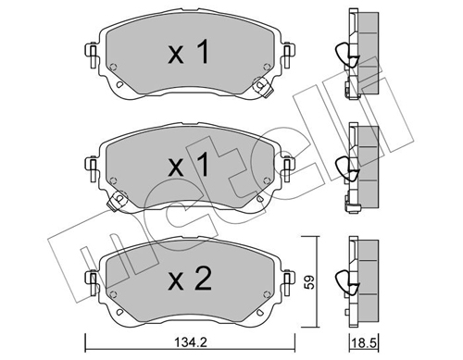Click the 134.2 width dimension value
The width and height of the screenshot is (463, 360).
point(191,342)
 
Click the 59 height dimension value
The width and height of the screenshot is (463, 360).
point(310,282)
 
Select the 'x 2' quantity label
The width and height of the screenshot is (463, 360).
point(190,279)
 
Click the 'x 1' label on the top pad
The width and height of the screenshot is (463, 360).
point(188,53)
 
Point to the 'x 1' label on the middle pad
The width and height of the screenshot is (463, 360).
point(188,165)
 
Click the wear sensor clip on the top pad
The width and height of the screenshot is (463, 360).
point(262,87)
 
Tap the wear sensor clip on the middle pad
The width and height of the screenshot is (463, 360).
point(117,201)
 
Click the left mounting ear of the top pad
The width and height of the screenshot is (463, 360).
point(92,56)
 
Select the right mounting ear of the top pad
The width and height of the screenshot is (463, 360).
point(288,56)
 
